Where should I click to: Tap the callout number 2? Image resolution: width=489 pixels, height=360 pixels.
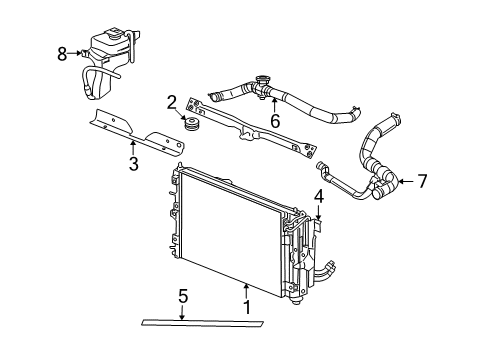[x=172, y=101]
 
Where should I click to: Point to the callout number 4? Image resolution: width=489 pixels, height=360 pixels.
[x=318, y=195]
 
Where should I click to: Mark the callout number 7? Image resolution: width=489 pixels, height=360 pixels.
[x=422, y=181]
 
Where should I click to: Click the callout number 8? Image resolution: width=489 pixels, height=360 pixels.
[x=62, y=54]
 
